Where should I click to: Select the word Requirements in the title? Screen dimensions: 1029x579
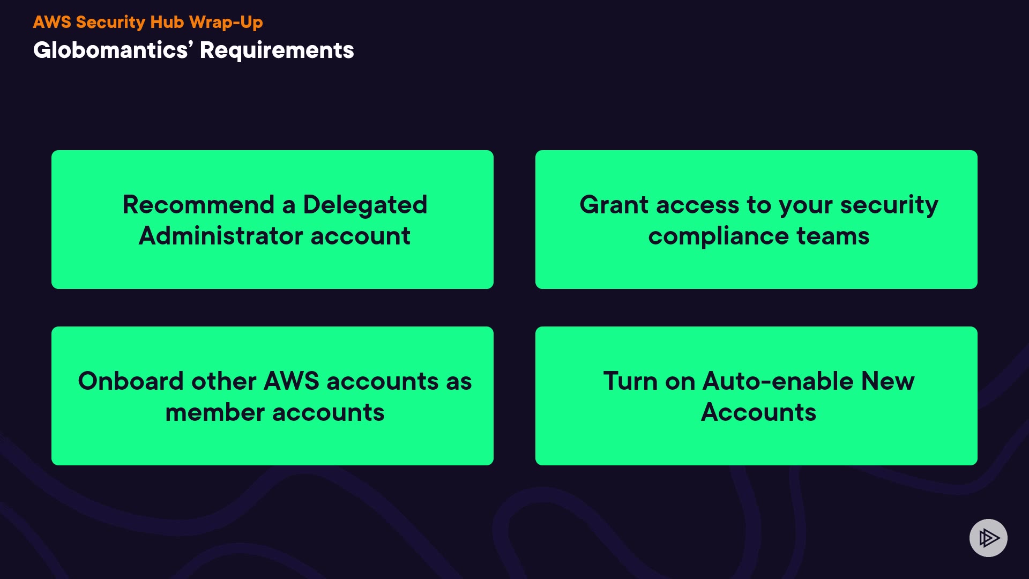[x=277, y=50]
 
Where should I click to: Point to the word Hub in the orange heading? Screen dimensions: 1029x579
[x=167, y=22]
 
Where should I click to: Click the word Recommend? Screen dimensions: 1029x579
[x=198, y=205]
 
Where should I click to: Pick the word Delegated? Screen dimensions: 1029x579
[x=365, y=205]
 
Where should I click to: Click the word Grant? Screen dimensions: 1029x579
[x=614, y=205]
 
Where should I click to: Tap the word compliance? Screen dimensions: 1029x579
[x=718, y=236]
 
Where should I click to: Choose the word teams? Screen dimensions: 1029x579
[x=833, y=236]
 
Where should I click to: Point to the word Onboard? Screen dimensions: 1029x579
[x=131, y=381]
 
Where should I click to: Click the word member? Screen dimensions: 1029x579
[x=215, y=412]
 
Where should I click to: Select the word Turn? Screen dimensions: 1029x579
[x=630, y=381]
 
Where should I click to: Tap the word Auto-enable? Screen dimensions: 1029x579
[x=778, y=381]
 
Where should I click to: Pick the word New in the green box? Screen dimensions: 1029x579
[x=888, y=381]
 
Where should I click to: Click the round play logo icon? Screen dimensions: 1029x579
[x=988, y=538]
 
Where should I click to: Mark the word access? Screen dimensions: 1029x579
[x=697, y=205]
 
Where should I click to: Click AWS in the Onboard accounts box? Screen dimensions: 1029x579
[x=292, y=381]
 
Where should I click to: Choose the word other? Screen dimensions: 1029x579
[x=224, y=381]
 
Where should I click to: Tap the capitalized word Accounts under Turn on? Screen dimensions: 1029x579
[x=758, y=412]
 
